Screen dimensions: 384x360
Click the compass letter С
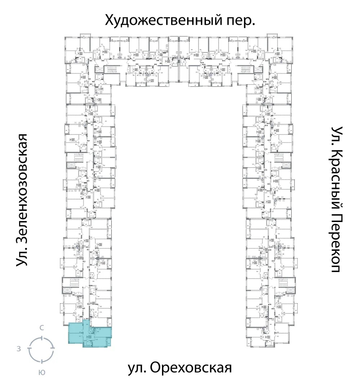[42, 328]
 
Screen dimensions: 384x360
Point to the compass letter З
[18, 349]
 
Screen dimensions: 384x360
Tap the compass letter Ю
[42, 373]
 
